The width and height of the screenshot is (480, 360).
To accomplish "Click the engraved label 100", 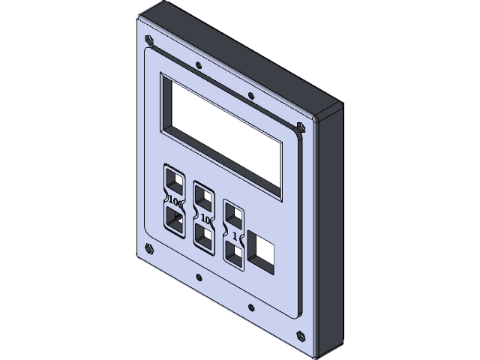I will click(174, 201).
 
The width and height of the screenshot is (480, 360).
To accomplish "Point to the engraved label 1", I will click(235, 235).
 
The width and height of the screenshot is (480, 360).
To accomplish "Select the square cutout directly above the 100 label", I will click(175, 181).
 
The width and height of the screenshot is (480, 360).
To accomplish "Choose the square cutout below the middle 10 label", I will click(203, 235).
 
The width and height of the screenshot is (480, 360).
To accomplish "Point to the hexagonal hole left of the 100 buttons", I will click(148, 248).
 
